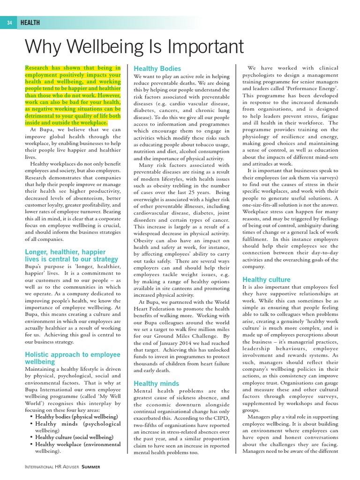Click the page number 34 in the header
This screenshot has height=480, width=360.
9,22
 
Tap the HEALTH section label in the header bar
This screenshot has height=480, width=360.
30,22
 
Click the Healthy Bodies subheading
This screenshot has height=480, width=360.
157,68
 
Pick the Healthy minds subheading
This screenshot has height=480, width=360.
156,383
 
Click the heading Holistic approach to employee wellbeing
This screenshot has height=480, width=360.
72,358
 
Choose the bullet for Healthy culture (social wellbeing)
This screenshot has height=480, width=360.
73,437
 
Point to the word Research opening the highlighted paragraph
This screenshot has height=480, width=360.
40,67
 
